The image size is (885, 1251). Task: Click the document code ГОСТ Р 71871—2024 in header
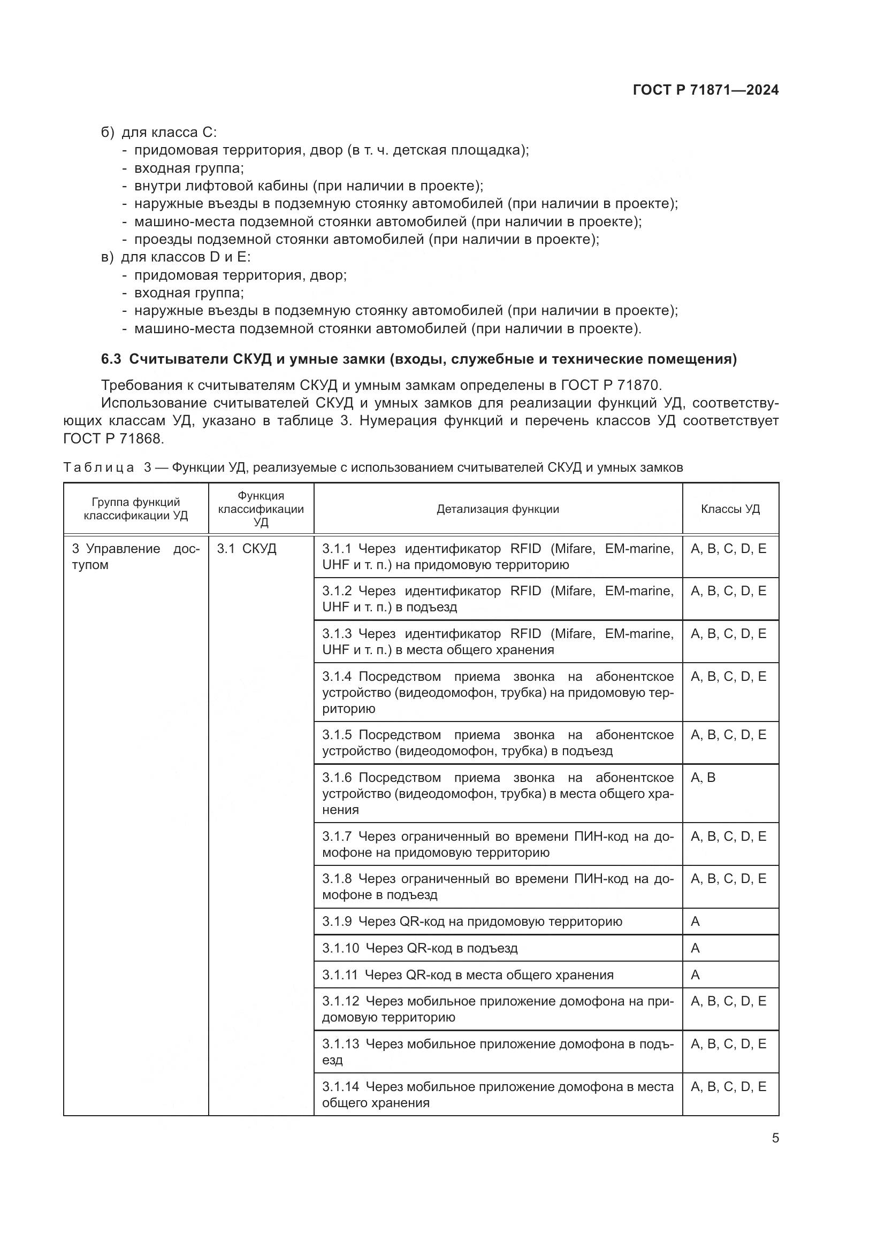point(706,90)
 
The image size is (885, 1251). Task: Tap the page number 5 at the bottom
point(775,1138)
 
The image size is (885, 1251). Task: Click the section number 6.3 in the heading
point(112,359)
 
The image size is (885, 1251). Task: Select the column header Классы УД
point(730,509)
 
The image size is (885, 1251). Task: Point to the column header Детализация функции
point(498,509)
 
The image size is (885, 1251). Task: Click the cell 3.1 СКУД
point(247,549)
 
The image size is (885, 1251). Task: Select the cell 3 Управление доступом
point(136,556)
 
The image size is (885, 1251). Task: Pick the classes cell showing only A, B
point(703,778)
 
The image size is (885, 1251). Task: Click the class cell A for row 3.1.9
point(696,922)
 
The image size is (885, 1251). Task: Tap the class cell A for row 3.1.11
point(696,975)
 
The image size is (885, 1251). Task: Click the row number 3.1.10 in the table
point(341,948)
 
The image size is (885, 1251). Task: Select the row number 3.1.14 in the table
point(341,1086)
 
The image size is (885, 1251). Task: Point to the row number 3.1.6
point(337,778)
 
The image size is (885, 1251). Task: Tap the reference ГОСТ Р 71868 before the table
point(113,438)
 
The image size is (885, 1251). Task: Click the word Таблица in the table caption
point(98,467)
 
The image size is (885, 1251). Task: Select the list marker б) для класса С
point(108,133)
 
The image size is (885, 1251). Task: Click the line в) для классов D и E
point(176,257)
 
